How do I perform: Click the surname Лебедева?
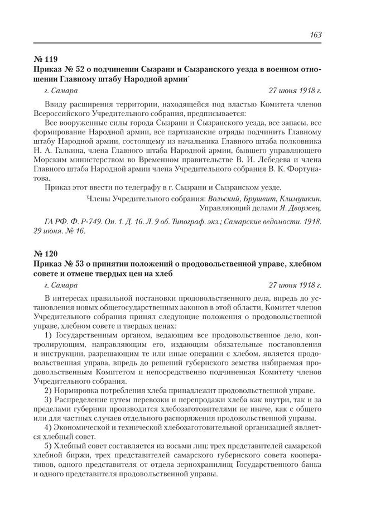coord(262,161)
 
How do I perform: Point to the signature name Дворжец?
coord(306,208)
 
